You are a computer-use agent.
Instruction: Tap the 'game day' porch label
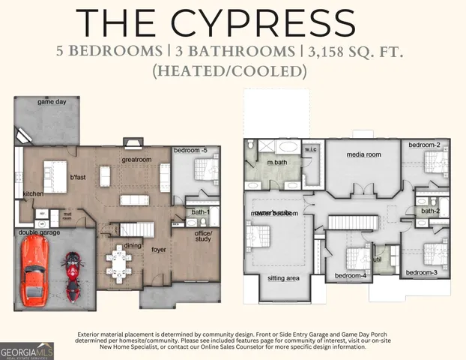click(x=52, y=102)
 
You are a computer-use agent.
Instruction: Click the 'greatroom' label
click(x=137, y=160)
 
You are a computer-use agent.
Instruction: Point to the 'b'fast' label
click(x=78, y=178)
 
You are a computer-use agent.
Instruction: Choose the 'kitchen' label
click(x=33, y=194)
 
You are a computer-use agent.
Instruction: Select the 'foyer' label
click(x=159, y=250)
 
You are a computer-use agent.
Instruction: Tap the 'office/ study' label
click(x=203, y=238)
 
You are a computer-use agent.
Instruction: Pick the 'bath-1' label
click(x=201, y=212)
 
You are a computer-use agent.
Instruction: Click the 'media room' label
click(x=363, y=154)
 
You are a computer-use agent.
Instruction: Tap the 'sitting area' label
click(x=284, y=278)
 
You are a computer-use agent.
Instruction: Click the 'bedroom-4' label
click(x=350, y=276)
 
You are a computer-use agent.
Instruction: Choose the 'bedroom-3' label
click(x=422, y=272)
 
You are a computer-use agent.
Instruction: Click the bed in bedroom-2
click(x=433, y=160)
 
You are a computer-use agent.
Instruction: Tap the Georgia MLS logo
click(x=25, y=350)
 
